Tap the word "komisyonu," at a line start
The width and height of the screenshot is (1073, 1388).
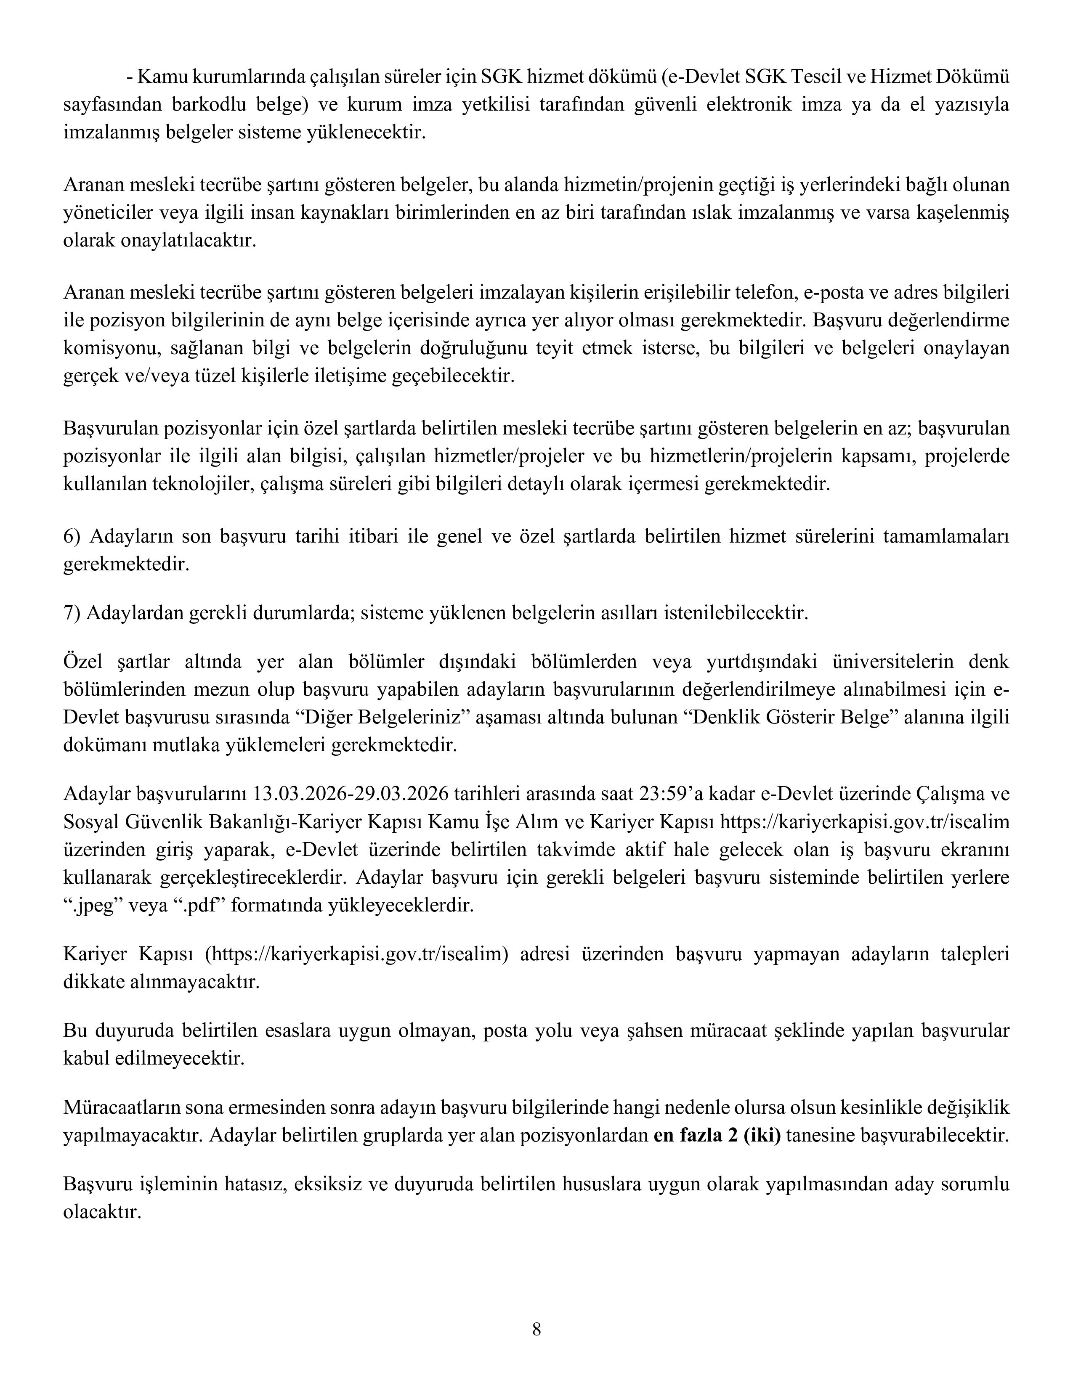pos(102,348)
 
